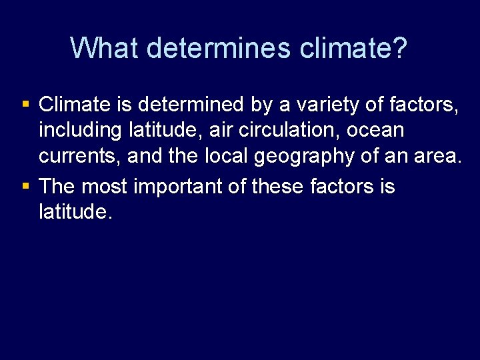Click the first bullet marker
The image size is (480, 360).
25,105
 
